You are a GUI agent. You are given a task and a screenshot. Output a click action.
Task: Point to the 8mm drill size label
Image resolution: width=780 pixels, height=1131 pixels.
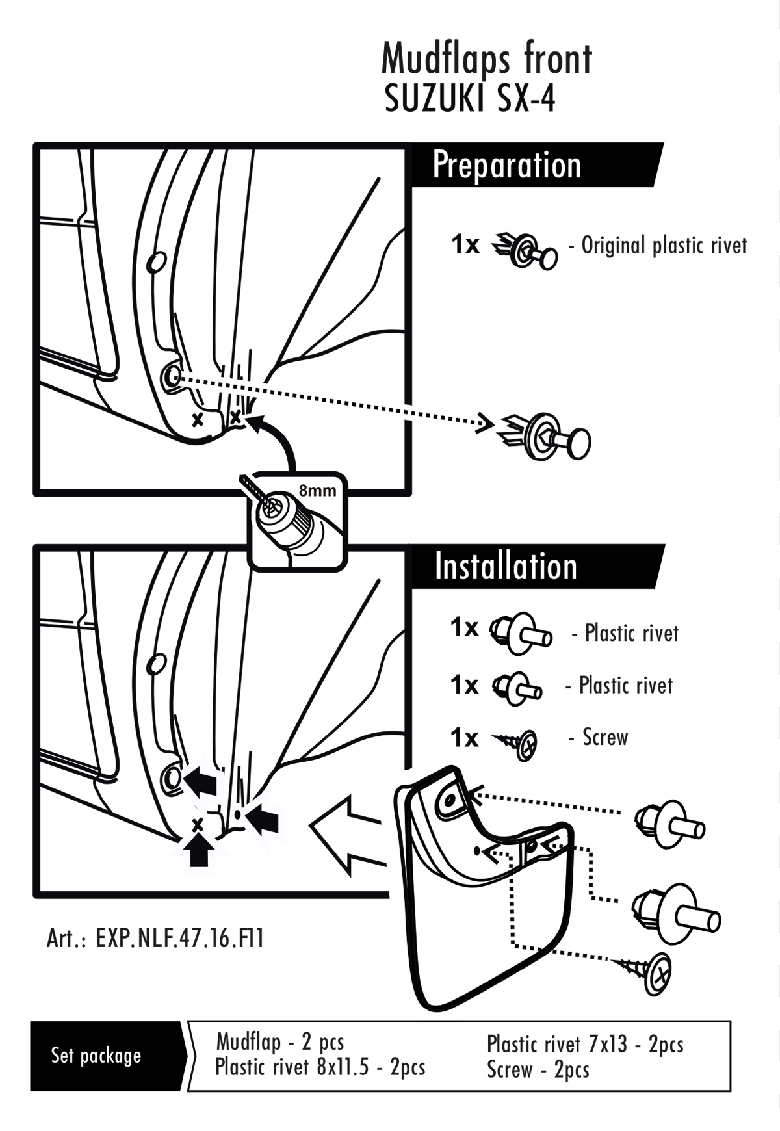[x=317, y=491]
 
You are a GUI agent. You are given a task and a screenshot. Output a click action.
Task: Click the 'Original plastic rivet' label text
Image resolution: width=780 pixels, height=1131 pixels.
[x=664, y=246]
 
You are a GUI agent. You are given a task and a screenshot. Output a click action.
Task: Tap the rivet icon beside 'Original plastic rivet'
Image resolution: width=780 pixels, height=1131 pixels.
[x=527, y=250]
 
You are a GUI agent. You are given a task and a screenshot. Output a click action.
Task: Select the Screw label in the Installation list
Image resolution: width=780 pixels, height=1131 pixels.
[x=604, y=737]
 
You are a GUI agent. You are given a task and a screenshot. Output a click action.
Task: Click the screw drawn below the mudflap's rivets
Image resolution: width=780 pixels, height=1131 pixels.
[x=647, y=971]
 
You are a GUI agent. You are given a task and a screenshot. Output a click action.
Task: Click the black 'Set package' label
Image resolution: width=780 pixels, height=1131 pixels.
[x=96, y=1055]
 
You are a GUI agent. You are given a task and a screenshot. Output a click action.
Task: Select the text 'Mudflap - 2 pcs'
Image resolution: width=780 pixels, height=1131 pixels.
[x=280, y=1042]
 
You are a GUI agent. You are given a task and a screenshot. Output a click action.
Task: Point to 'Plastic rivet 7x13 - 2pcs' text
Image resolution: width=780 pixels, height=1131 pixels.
[x=585, y=1044]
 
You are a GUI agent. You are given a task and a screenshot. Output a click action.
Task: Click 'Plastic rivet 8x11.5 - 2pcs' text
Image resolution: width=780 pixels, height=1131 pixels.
[x=320, y=1067]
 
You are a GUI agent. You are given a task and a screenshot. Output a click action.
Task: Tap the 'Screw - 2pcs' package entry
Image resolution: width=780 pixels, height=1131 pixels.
[x=538, y=1069]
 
